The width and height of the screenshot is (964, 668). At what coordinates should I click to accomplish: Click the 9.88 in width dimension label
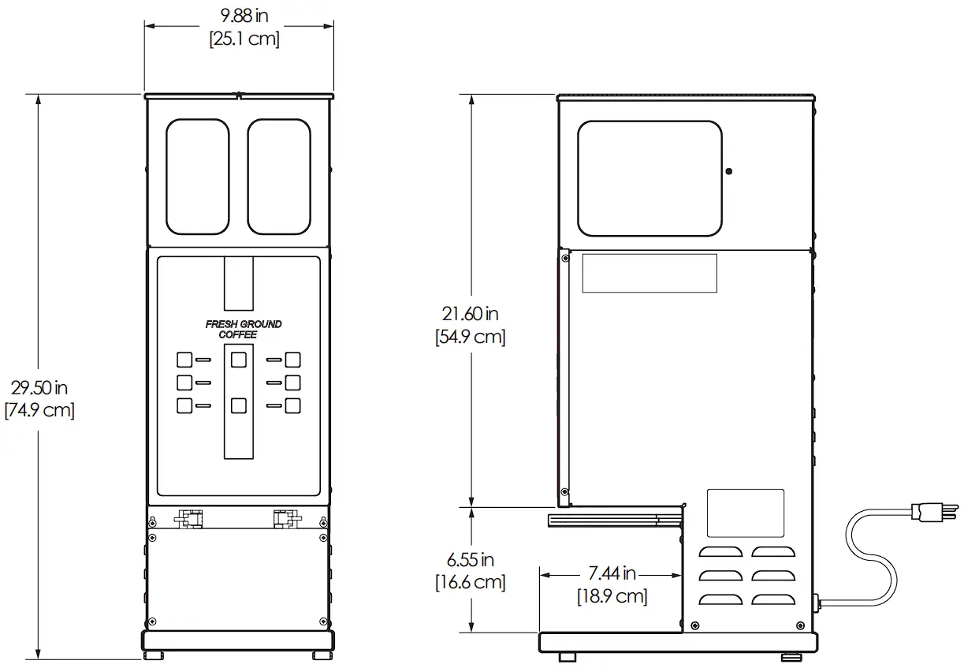[244, 16]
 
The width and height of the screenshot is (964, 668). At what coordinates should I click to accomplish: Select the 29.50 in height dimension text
[39, 388]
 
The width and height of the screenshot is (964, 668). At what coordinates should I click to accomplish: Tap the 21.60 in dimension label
[470, 314]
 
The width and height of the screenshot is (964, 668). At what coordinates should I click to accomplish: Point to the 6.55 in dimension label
[470, 560]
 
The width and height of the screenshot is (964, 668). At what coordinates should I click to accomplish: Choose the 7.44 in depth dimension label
[612, 573]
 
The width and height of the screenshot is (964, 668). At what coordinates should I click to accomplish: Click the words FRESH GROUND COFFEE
[243, 330]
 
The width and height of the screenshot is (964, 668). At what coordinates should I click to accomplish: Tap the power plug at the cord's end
[935, 512]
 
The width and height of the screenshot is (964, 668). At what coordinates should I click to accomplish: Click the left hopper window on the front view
[198, 177]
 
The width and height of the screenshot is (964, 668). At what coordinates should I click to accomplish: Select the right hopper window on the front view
[279, 177]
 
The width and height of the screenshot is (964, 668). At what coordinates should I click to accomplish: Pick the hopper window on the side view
[649, 178]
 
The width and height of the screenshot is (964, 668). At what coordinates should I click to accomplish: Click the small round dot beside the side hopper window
[728, 171]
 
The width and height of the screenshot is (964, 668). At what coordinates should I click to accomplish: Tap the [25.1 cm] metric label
[244, 39]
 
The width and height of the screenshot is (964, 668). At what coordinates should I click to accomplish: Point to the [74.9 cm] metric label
[39, 410]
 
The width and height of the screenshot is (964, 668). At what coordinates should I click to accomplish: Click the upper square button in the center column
[238, 360]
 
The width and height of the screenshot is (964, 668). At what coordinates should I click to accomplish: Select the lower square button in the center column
[238, 405]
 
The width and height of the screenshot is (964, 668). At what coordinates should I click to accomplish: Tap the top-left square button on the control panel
[184, 360]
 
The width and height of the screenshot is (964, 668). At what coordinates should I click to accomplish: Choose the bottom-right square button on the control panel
[292, 405]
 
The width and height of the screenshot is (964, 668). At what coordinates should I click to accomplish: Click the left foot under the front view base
[153, 655]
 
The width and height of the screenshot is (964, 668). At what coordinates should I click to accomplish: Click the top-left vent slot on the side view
[720, 552]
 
